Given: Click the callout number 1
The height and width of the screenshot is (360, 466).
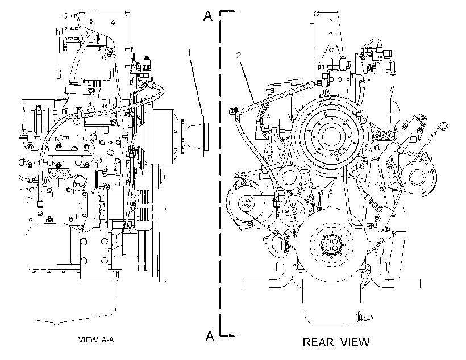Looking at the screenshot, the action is pos(189,53).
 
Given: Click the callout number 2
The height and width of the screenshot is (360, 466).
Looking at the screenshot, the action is pos(238,55).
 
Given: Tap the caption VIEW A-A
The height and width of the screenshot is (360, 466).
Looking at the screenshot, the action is pos(96,340).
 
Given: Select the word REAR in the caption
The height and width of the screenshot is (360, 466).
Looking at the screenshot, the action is pos(318,342).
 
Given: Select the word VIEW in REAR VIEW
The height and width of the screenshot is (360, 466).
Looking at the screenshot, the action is pos(355,342).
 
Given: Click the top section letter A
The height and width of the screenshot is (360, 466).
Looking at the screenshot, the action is pos(208,16).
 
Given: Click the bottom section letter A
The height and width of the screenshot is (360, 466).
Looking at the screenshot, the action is pos(210,336).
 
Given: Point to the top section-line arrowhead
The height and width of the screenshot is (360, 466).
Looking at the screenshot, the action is pos(234,11).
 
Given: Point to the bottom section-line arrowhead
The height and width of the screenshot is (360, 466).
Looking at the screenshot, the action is pos(234,336).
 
